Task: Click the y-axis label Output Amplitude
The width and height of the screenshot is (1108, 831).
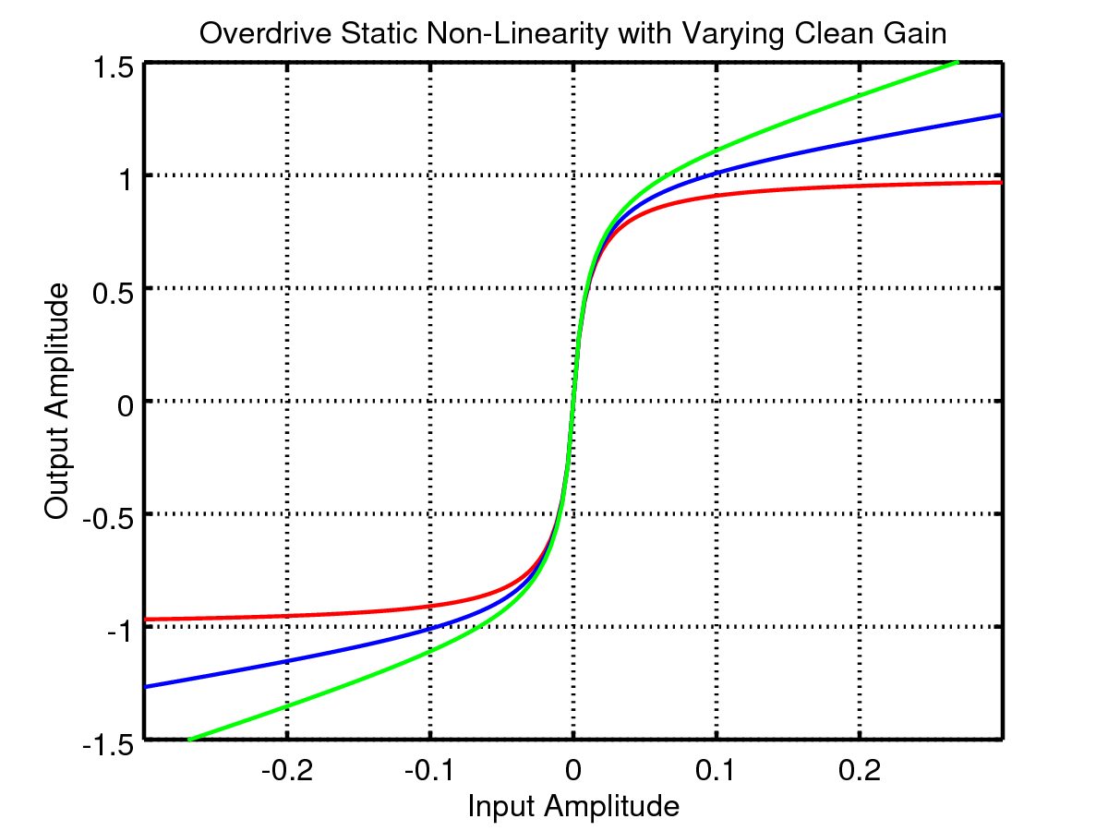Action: coord(57,401)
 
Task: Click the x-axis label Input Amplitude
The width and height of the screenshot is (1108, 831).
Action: coord(573,806)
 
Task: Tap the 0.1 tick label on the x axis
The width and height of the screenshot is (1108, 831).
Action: coord(716,772)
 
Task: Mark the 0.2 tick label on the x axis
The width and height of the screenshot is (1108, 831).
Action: coord(860,772)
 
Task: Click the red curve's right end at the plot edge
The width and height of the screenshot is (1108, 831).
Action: coord(1001,183)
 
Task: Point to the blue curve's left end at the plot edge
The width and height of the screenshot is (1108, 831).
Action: coord(147,687)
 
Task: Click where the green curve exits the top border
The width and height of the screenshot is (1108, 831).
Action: coord(958,63)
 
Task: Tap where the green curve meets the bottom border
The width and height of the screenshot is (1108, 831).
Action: coord(189,739)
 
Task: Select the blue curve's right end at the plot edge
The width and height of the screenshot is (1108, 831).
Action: coord(1001,115)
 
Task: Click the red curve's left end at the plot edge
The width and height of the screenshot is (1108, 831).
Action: coord(147,620)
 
